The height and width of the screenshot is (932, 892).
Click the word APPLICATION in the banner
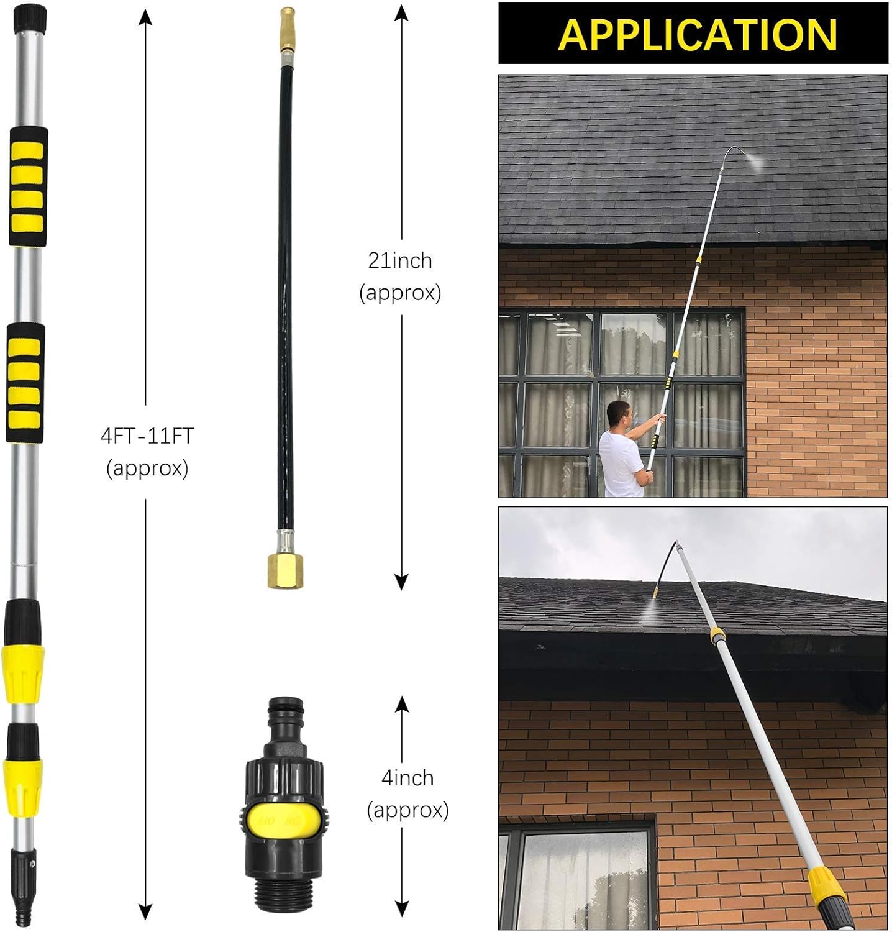[697, 34]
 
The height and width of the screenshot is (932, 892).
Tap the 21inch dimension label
[400, 260]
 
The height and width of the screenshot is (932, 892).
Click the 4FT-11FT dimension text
[147, 436]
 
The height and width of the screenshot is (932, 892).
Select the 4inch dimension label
[407, 778]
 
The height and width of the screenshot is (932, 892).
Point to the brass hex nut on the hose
[285, 570]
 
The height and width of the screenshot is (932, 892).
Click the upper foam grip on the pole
[27, 186]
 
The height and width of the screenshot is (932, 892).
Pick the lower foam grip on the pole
[25, 383]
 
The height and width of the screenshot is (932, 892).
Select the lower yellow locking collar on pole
[24, 785]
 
